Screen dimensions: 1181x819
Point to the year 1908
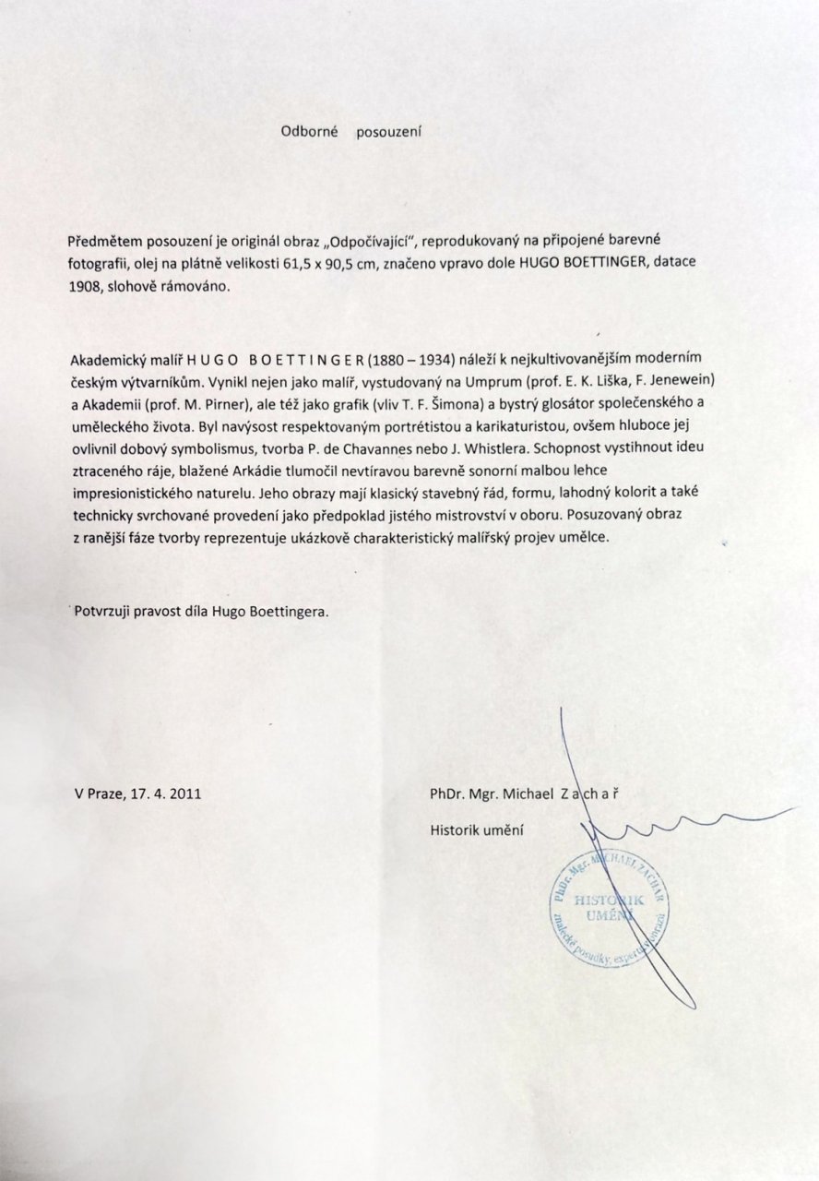click(x=86, y=287)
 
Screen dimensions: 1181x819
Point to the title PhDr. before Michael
click(x=447, y=793)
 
